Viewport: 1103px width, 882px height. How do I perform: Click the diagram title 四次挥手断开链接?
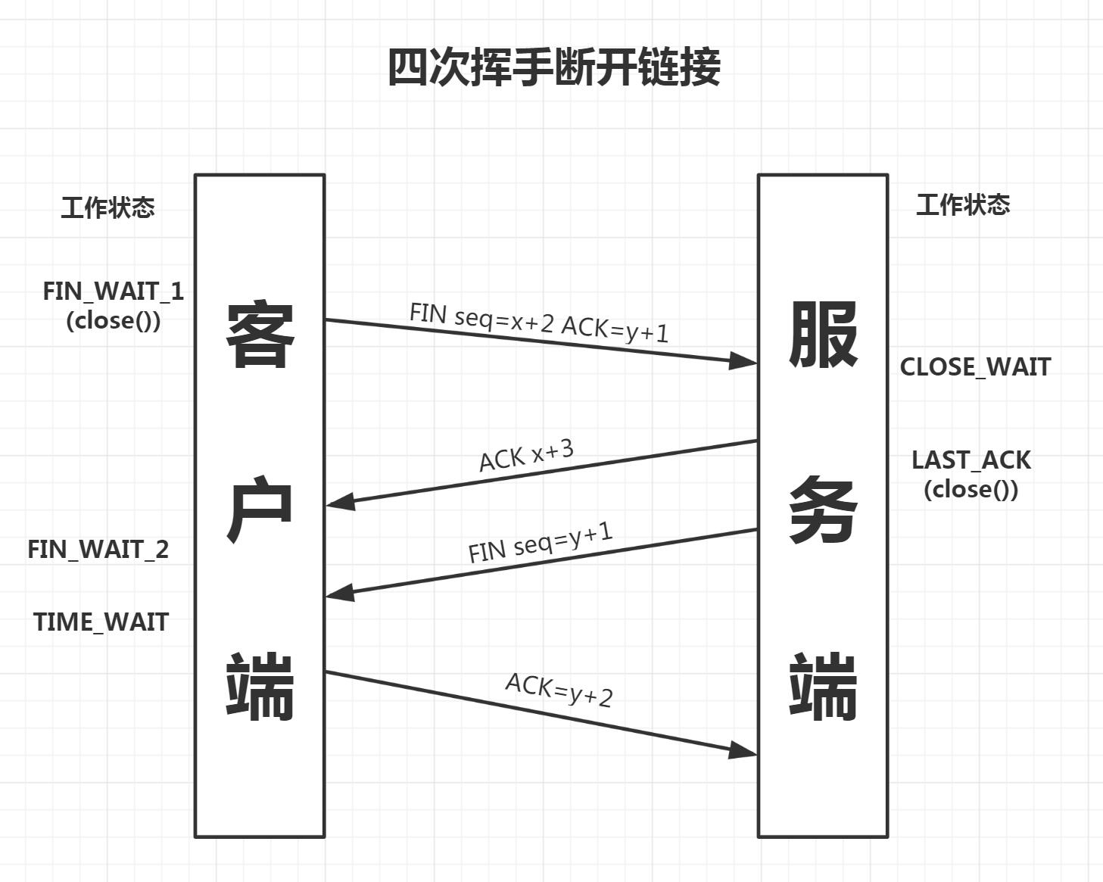[x=553, y=67]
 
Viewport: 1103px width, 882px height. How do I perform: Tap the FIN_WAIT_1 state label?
[x=113, y=291]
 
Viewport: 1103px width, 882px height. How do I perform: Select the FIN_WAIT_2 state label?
[x=98, y=550]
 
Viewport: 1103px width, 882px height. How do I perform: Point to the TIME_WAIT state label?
[x=101, y=622]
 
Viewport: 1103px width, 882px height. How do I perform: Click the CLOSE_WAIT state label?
[x=975, y=367]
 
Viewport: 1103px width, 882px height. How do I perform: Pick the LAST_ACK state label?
[x=971, y=460]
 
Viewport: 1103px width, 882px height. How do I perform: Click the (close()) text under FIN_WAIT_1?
[x=114, y=320]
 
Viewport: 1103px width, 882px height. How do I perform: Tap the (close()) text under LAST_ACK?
[x=971, y=489]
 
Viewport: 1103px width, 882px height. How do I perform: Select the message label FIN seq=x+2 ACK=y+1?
[x=539, y=323]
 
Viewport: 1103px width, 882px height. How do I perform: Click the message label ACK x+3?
[x=527, y=455]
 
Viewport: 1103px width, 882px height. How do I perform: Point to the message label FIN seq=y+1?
[x=540, y=541]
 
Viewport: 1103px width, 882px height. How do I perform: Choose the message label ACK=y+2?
[x=559, y=690]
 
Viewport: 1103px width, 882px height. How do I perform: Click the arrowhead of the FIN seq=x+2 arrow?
[x=743, y=361]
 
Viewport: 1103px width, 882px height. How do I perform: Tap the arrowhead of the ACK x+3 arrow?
[x=341, y=502]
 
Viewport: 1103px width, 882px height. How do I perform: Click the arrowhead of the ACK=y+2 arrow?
[x=743, y=750]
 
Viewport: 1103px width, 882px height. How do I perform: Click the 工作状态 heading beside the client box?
[x=108, y=207]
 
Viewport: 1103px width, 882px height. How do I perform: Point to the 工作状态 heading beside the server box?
[x=963, y=205]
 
